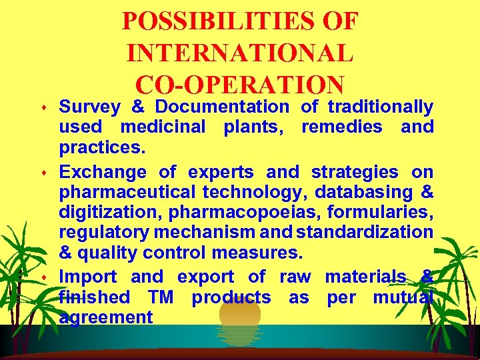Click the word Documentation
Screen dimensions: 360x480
click(222, 107)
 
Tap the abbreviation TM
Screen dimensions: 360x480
click(161, 297)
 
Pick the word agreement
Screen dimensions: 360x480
click(106, 317)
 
